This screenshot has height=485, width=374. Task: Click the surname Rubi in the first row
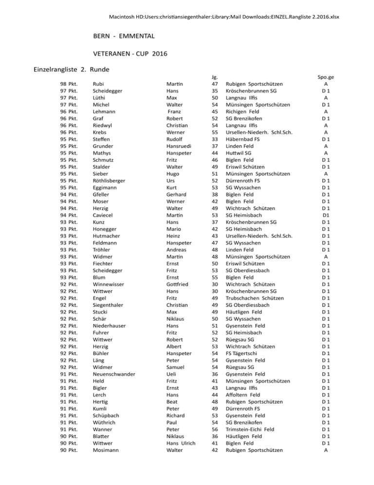pyautogui.click(x=98, y=84)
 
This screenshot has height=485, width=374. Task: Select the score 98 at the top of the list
pyautogui.click(x=63, y=84)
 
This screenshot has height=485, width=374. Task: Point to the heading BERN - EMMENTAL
pyautogui.click(x=124, y=37)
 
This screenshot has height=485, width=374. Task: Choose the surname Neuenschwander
pyautogui.click(x=113, y=374)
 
